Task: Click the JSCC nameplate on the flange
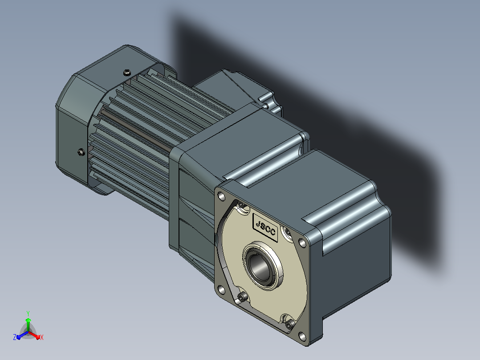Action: pyautogui.click(x=265, y=227)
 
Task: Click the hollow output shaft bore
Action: pyautogui.click(x=260, y=264)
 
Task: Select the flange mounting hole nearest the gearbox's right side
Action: pyautogui.click(x=302, y=243)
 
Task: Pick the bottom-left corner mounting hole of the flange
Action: pyautogui.click(x=221, y=289)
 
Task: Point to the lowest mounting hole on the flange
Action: pyautogui.click(x=302, y=336)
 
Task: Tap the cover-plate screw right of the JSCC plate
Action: pyautogui.click(x=288, y=232)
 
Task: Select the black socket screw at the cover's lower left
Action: pyautogui.click(x=242, y=297)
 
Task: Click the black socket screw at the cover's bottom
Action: pyautogui.click(x=289, y=323)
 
